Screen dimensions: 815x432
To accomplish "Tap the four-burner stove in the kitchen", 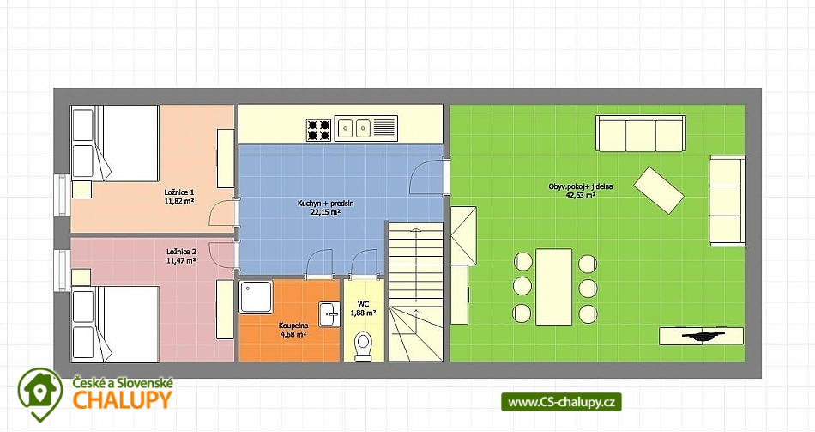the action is click(x=318, y=131).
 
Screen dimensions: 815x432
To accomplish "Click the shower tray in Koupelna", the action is click(x=257, y=297).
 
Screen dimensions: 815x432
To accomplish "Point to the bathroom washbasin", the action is click(x=329, y=313).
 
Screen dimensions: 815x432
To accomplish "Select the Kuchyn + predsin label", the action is click(x=326, y=203).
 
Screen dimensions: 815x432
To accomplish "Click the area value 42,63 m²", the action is click(x=581, y=195).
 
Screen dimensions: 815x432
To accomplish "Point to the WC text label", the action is click(x=364, y=304).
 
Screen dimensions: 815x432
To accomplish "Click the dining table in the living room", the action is click(x=553, y=287).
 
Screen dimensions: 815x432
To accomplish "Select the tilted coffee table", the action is click(x=659, y=190).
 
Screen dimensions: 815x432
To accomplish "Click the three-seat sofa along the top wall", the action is click(x=640, y=134).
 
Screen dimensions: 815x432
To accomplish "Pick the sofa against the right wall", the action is click(x=727, y=200).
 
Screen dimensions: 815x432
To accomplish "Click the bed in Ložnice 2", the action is click(x=115, y=324).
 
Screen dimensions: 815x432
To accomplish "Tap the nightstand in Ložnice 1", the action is click(x=81, y=190).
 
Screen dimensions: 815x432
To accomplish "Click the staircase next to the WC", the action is click(x=416, y=291).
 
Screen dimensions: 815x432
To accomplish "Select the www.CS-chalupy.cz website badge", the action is click(x=561, y=402).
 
